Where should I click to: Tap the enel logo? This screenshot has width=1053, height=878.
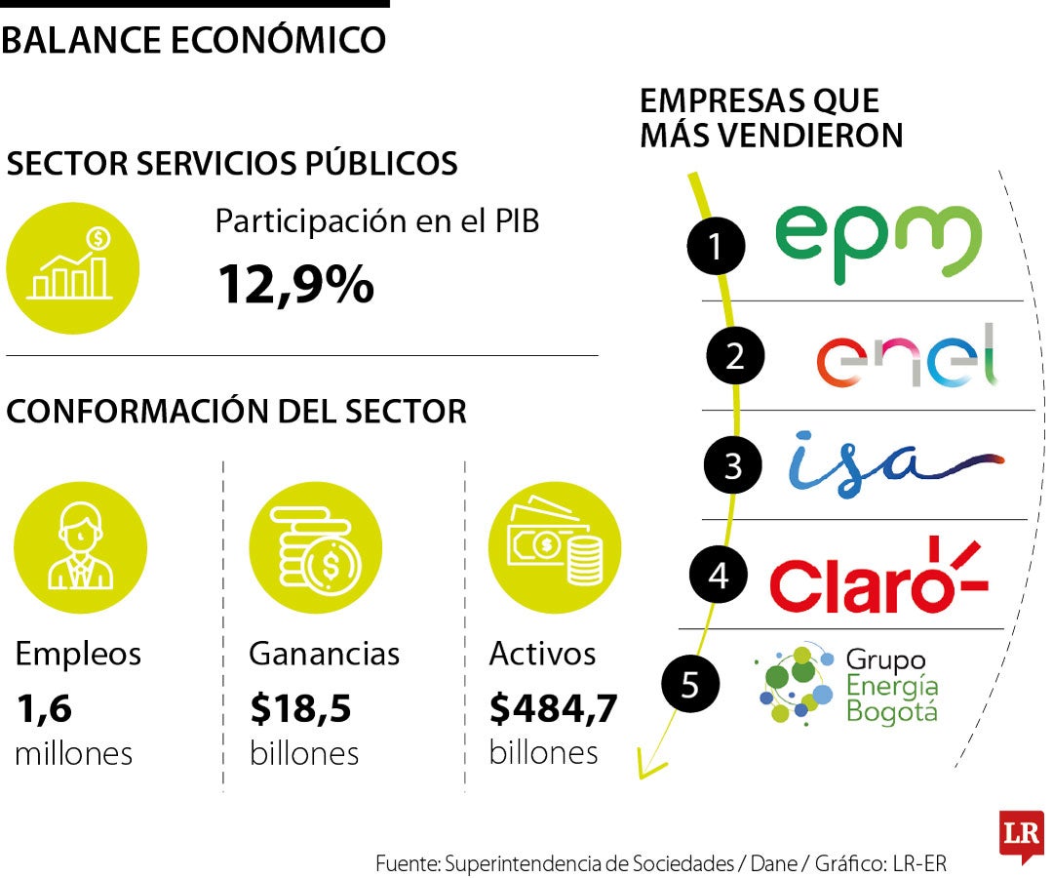tap(907, 356)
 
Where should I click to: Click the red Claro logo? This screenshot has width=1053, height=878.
tap(877, 576)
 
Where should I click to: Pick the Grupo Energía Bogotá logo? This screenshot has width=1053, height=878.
tap(846, 685)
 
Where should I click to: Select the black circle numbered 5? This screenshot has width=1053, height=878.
tap(689, 684)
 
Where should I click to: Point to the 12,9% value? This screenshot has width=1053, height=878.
tap(294, 285)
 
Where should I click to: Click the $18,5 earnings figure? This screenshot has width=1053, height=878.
tap(300, 710)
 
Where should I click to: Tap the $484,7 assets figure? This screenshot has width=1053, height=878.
tap(553, 709)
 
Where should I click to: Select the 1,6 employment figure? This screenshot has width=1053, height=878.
tap(44, 710)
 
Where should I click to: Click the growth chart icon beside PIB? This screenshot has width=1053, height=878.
tap(72, 266)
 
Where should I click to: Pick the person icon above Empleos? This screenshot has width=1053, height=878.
tap(80, 548)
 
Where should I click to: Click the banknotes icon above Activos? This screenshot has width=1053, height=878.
tap(554, 547)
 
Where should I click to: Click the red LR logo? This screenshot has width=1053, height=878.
tap(1021, 835)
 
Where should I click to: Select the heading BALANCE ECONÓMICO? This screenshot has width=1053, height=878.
tap(193, 41)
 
